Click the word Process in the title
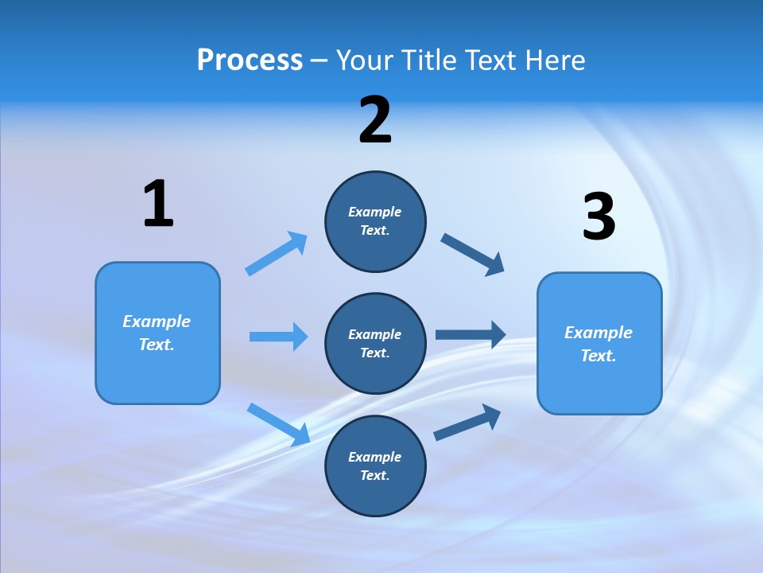[250, 60]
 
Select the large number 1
[158, 205]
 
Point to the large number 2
[375, 120]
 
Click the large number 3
[598, 217]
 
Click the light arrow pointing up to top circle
[276, 254]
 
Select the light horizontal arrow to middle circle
[278, 337]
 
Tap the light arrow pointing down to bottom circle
[278, 424]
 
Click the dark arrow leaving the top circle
[472, 254]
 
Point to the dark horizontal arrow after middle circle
[471, 335]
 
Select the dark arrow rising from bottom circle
[467, 422]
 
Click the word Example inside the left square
[157, 322]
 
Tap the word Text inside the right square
[598, 356]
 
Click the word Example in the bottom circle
[374, 457]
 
